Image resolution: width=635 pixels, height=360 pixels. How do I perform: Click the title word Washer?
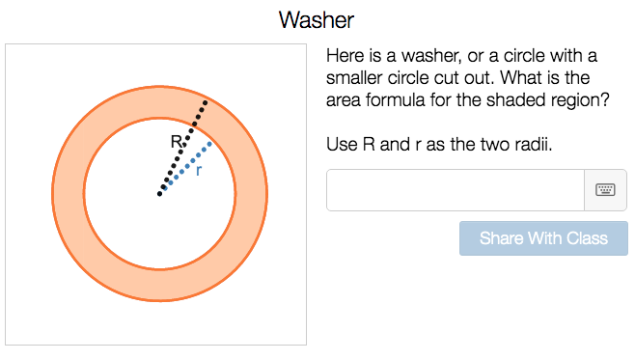pos(317,19)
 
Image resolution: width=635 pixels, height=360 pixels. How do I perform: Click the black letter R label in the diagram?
pos(177,142)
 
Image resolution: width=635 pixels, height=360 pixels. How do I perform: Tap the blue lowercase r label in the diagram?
pos(199,170)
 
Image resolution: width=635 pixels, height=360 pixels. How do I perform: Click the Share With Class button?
pos(543,238)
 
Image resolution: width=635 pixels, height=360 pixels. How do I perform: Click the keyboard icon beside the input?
pos(605,190)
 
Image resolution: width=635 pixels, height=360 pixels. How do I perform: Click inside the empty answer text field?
pos(456,190)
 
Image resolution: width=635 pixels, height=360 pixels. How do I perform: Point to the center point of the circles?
pos(159,195)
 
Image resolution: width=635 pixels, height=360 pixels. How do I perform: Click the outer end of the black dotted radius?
pos(205,101)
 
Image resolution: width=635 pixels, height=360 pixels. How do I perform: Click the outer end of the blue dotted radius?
pos(209,143)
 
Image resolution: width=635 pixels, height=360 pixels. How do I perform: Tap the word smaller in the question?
pos(358,77)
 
